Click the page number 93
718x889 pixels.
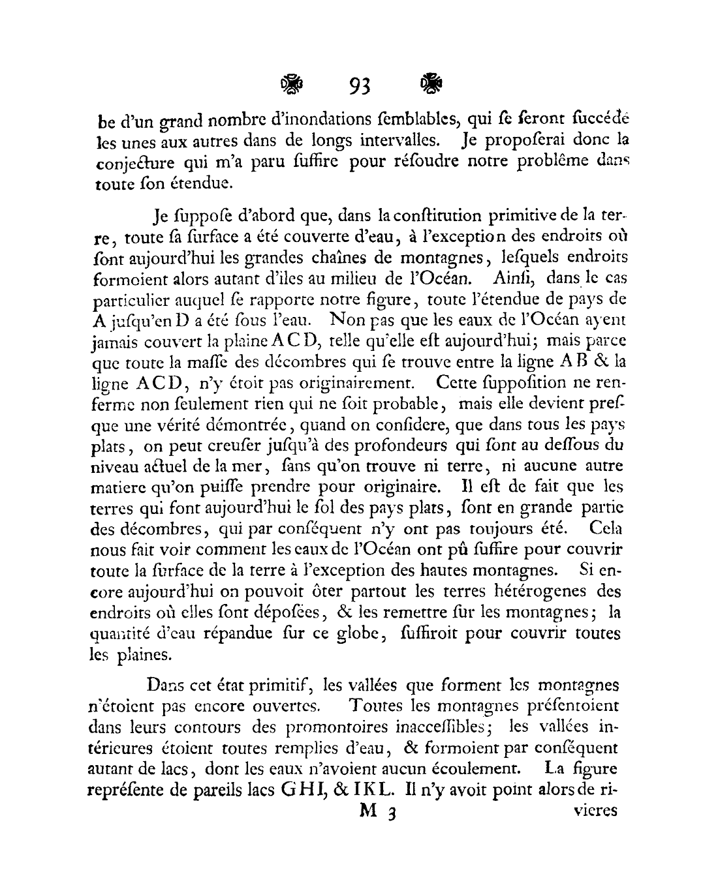360,85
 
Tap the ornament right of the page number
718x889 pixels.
431,83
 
